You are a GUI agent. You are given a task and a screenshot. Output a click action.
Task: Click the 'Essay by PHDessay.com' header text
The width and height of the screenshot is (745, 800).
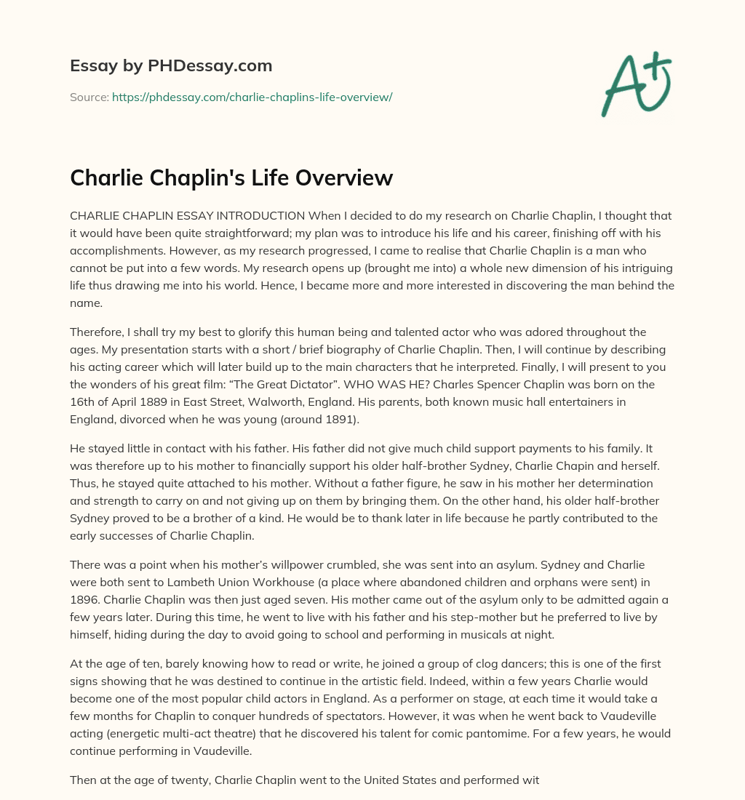[171, 66]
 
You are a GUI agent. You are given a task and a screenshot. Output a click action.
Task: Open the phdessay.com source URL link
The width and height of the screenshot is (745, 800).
[252, 97]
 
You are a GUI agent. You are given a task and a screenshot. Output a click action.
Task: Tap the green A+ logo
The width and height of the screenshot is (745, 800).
[635, 84]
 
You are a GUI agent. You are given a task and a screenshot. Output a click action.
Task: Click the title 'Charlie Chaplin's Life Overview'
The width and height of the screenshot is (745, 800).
[231, 178]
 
